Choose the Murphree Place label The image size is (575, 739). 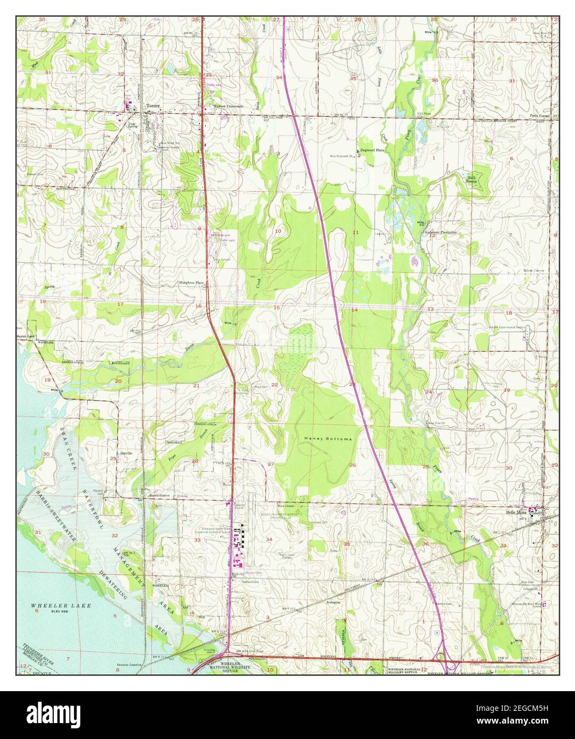click(x=192, y=283)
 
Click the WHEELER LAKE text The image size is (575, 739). click(x=53, y=606)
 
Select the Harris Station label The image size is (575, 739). click(x=159, y=495)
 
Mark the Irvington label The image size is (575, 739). click(x=333, y=602)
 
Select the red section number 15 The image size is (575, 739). click(x=276, y=308)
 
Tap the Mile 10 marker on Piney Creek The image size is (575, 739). click(x=422, y=224)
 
